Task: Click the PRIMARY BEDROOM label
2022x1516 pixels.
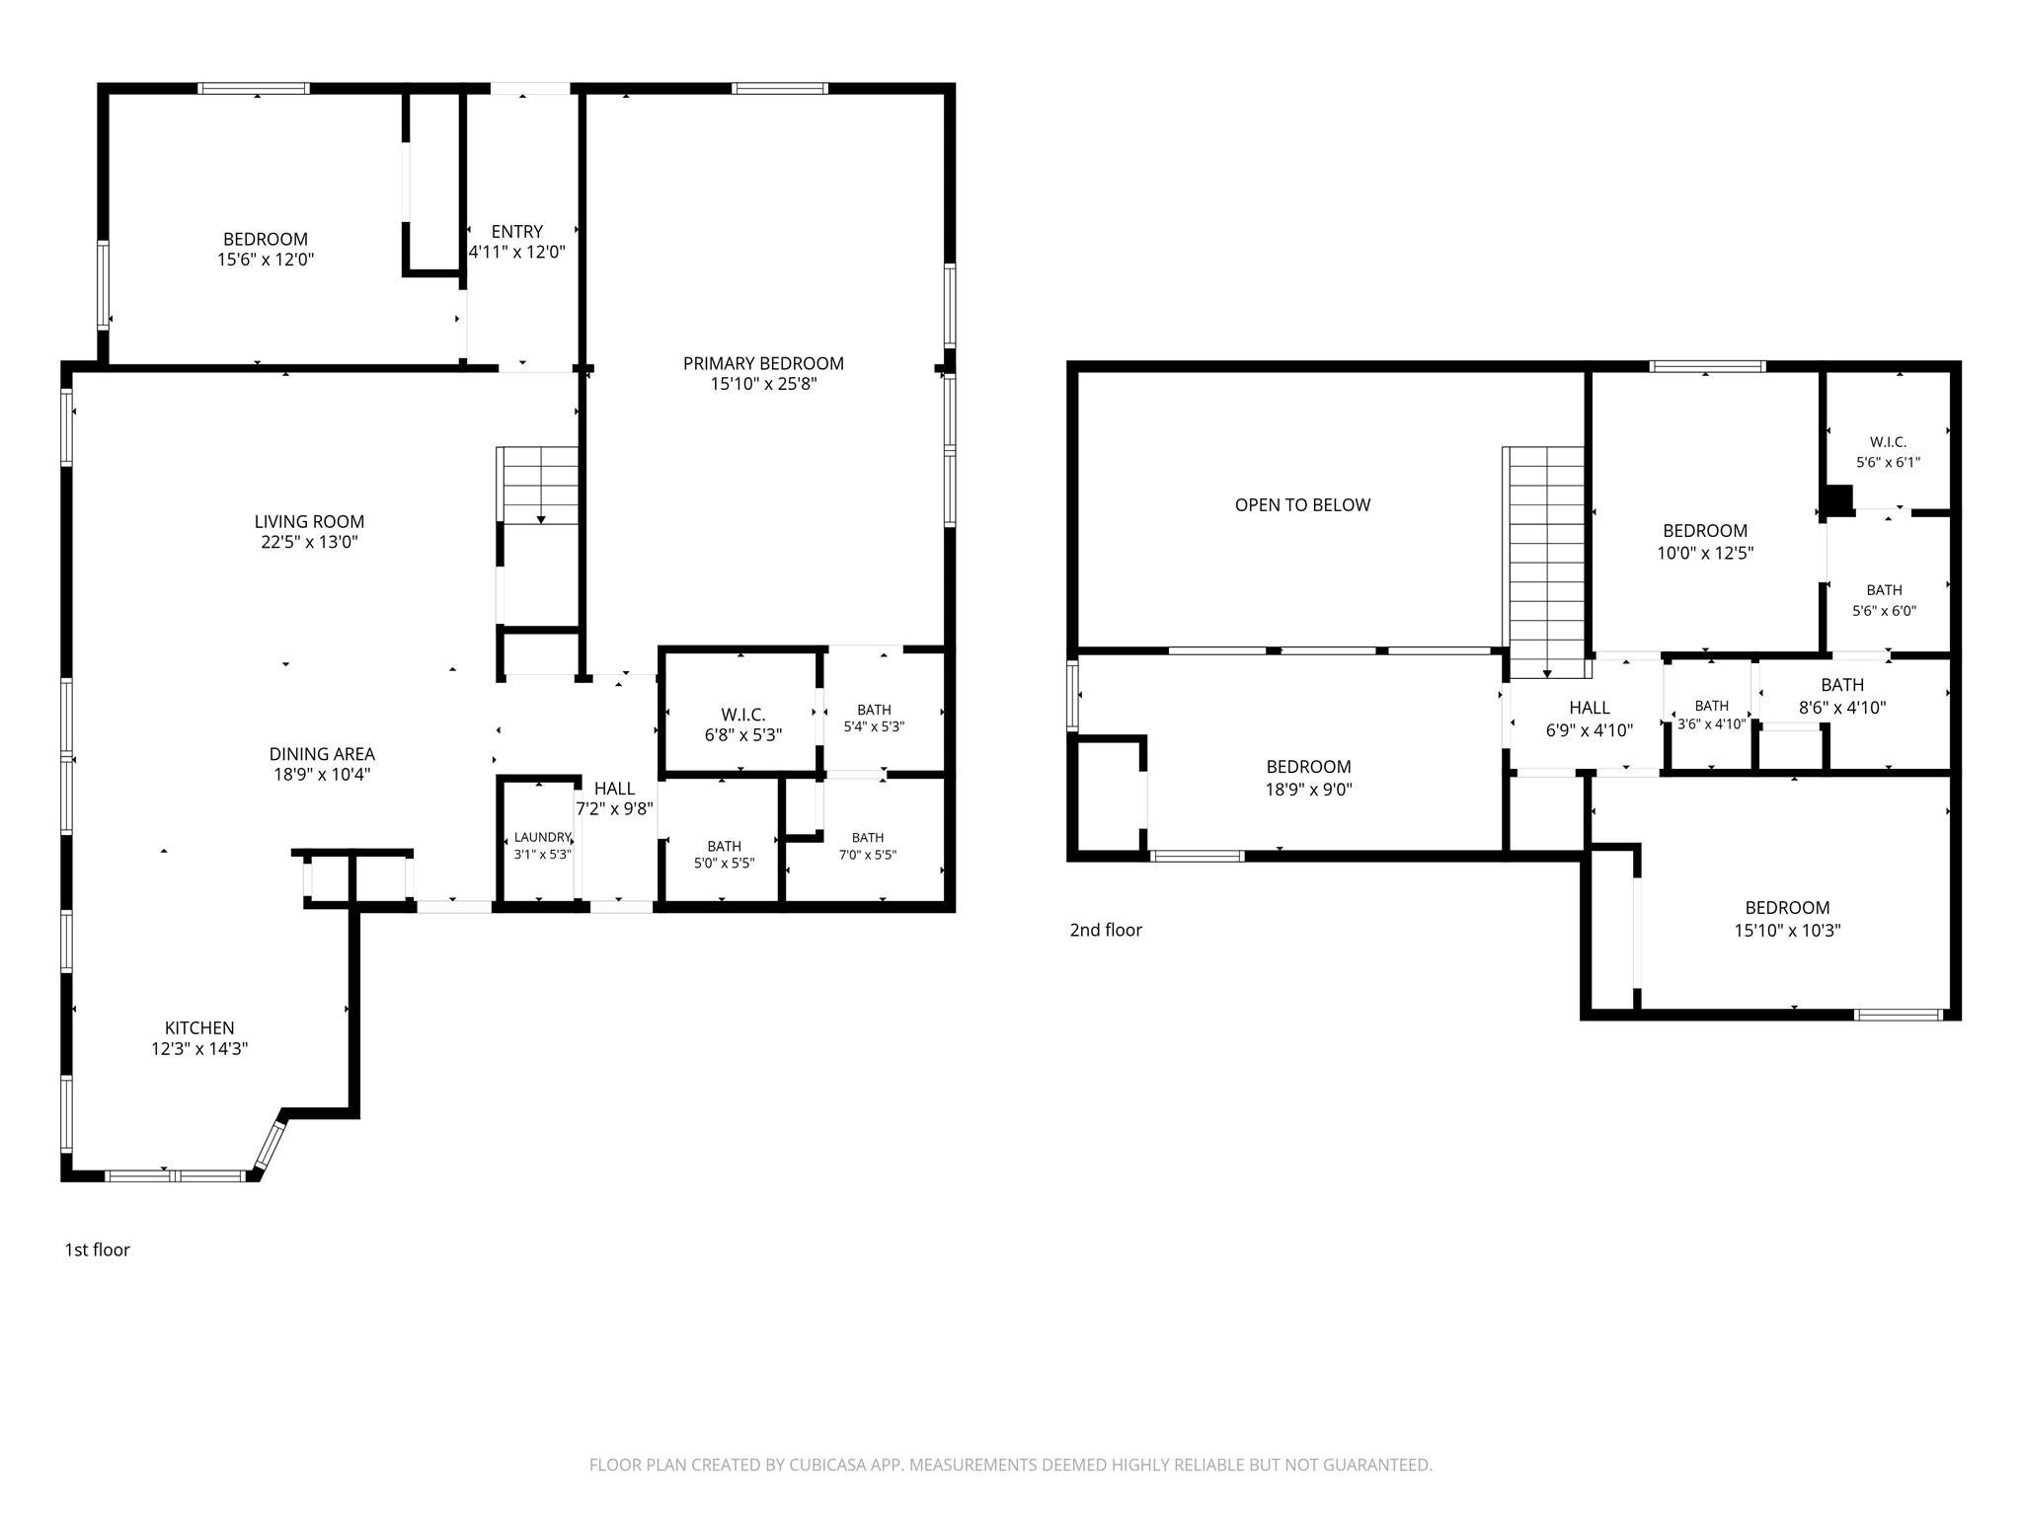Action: (763, 373)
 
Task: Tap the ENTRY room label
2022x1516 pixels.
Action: (517, 242)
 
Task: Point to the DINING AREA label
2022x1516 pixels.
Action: (322, 764)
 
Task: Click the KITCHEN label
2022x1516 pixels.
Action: (199, 1038)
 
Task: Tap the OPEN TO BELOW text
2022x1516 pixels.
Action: (1302, 505)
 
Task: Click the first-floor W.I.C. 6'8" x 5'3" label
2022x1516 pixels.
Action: (743, 724)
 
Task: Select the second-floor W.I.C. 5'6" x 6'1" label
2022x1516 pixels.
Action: (1888, 452)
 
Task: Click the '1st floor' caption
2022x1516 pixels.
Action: (98, 1250)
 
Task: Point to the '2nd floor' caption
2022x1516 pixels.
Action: (1106, 930)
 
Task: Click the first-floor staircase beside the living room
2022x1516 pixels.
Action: (539, 486)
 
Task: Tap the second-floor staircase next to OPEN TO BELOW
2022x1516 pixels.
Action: (1546, 563)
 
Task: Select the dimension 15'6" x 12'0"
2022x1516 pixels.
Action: (266, 260)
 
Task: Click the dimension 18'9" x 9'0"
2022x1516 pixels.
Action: (1309, 790)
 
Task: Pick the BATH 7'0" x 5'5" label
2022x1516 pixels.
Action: (868, 846)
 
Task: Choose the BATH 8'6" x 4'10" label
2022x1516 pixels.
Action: (1842, 696)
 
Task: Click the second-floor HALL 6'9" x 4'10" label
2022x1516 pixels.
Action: (1590, 719)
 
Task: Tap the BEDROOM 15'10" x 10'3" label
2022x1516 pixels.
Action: (1788, 919)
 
